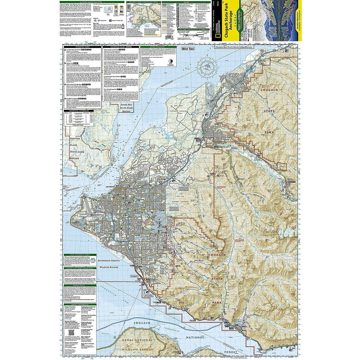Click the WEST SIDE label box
(188, 49)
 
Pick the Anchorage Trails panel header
(120, 46)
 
